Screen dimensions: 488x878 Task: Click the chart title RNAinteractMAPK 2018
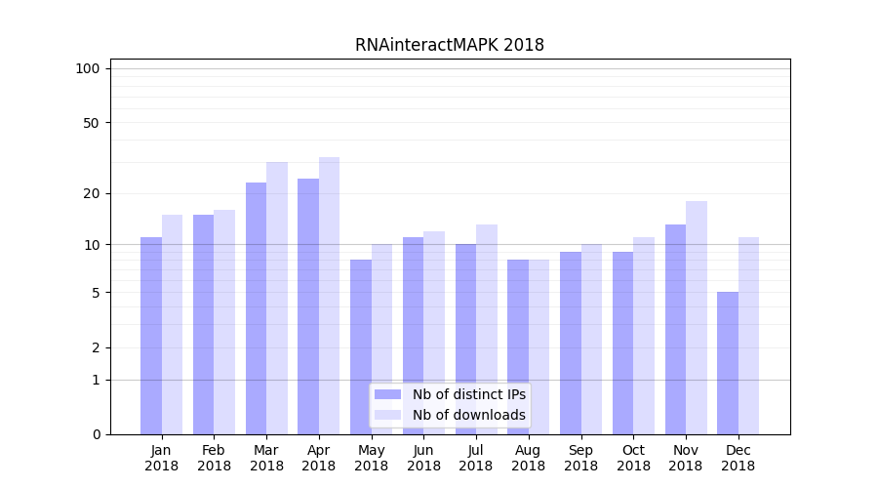point(450,45)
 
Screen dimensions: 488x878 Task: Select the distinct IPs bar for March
point(256,308)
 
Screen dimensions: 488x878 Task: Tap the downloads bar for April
point(329,296)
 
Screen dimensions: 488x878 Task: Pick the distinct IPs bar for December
point(728,363)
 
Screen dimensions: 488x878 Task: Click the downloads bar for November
point(697,317)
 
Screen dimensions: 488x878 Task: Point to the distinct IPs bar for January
point(151,336)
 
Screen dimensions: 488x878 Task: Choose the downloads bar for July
point(487,329)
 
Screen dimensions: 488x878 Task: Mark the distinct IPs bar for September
point(571,343)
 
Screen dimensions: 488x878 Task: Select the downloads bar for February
point(224,322)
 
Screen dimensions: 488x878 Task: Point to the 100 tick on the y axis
point(88,68)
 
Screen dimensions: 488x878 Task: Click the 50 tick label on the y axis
point(91,123)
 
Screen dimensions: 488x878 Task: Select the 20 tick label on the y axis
point(91,193)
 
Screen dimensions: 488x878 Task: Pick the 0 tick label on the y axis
point(96,434)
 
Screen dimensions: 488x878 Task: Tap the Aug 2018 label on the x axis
point(529,458)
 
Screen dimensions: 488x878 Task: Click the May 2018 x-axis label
point(372,458)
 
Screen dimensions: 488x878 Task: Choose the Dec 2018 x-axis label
point(738,458)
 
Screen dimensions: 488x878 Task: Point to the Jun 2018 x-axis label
point(423,458)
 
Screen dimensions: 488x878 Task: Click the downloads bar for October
point(644,336)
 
